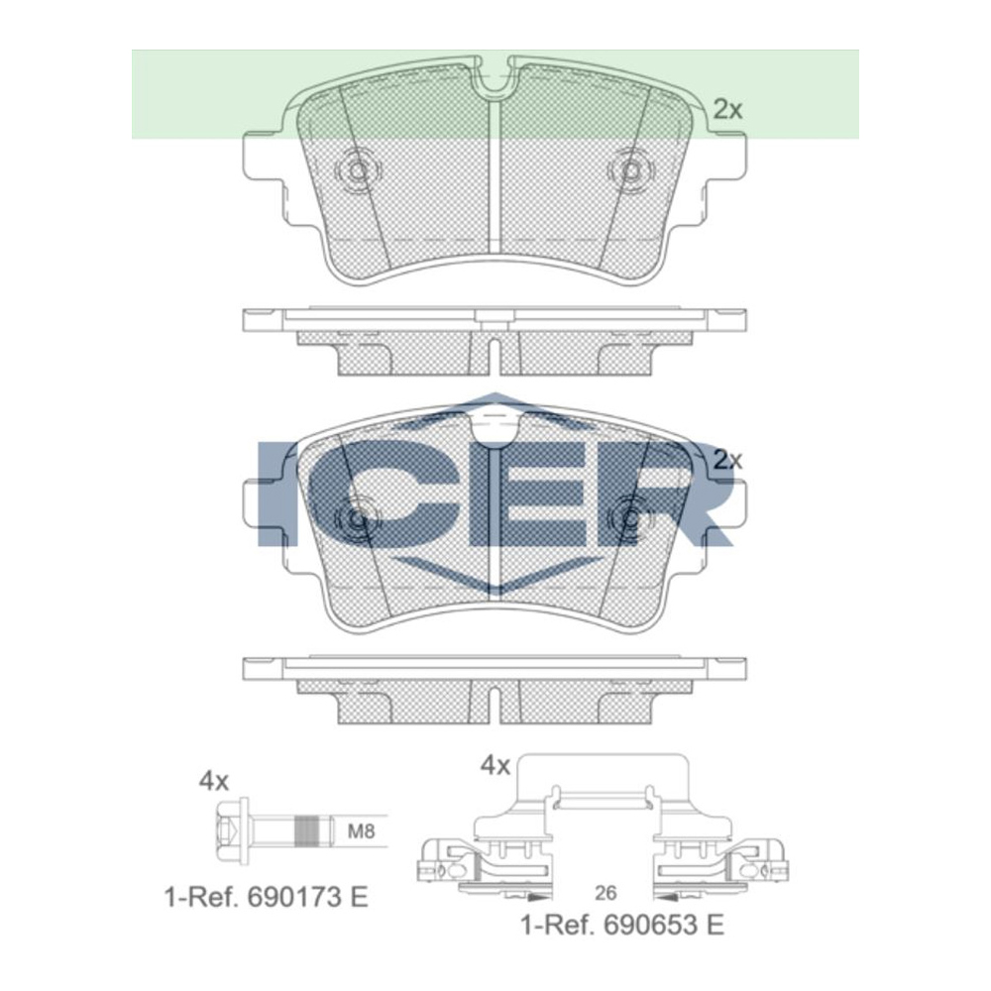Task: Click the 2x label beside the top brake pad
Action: [x=727, y=110]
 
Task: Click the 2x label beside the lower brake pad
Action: [x=727, y=460]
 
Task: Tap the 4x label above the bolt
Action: [x=213, y=781]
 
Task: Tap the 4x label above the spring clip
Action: [x=495, y=765]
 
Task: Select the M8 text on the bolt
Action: [x=362, y=830]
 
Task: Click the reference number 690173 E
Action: [x=266, y=897]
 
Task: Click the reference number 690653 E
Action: [x=621, y=926]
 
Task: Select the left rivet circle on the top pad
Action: [x=355, y=170]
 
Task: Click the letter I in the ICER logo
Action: [x=275, y=494]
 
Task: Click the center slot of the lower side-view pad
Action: [x=494, y=704]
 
